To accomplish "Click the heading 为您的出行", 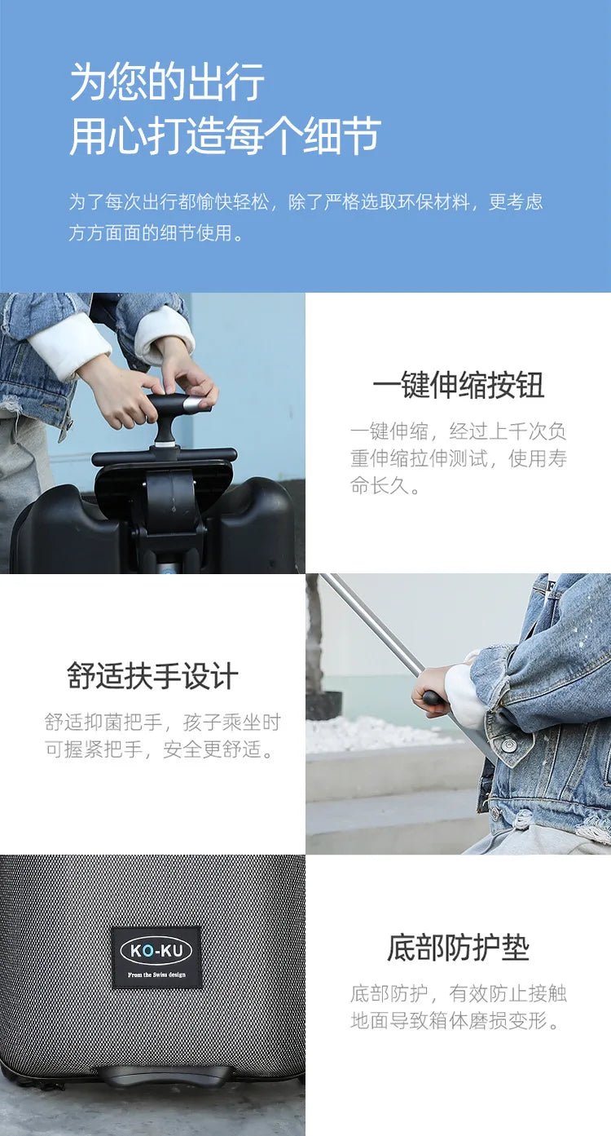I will (167, 82).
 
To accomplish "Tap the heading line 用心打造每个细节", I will (224, 135).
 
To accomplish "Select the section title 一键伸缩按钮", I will (458, 386).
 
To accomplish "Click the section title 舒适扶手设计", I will (152, 676).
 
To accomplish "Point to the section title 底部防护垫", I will (458, 948).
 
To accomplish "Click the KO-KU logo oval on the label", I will (156, 951).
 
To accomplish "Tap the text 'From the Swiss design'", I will (156, 975).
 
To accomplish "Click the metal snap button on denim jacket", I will (508, 745).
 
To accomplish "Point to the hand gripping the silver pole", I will (432, 689).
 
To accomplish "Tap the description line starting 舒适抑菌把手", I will (162, 722).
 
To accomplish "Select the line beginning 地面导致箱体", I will (457, 1020).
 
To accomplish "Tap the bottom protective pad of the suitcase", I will (163, 1076).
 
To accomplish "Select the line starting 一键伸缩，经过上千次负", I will (458, 431).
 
